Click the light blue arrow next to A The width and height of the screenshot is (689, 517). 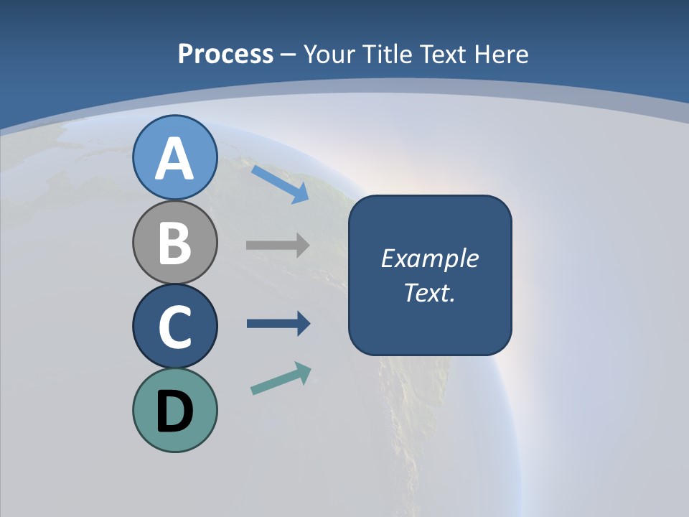coord(280,184)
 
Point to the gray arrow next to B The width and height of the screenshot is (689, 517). coord(277,245)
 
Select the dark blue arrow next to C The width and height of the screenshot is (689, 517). coord(278,323)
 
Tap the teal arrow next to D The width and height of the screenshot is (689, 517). coord(281,379)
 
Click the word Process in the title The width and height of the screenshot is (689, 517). coord(225,55)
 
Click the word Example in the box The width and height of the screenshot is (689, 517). coord(430,258)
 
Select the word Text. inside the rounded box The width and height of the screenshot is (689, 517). coord(430,293)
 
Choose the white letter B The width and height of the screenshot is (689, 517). coord(174,243)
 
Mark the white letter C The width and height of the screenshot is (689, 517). coord(174,327)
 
